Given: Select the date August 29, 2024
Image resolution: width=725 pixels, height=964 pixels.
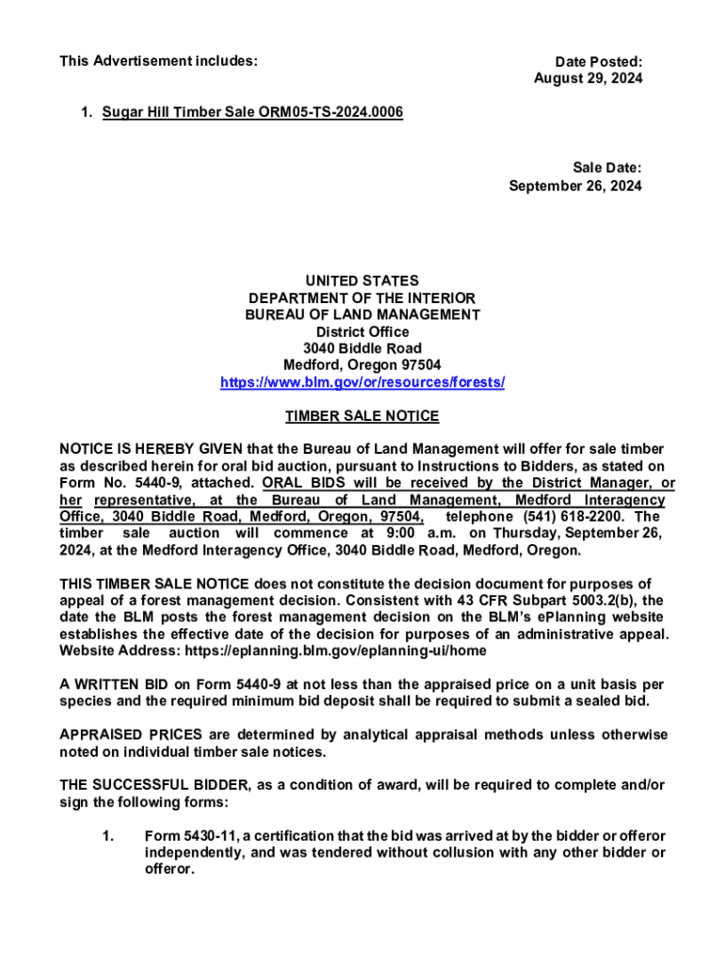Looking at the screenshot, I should [588, 79].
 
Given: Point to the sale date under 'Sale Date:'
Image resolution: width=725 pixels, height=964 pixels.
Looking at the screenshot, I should [575, 185].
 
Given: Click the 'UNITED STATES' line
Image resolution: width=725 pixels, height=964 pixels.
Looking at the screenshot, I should [362, 281].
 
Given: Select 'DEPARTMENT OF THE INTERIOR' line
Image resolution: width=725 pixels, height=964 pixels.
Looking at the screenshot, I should [362, 298].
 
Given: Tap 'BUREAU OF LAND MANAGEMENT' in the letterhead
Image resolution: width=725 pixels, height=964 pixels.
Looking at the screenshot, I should [362, 315].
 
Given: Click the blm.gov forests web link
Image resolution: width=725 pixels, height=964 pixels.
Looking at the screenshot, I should [362, 382].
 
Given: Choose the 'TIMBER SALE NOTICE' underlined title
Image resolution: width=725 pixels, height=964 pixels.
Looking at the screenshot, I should [362, 416].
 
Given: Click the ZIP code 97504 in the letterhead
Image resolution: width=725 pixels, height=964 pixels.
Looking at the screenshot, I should [421, 365].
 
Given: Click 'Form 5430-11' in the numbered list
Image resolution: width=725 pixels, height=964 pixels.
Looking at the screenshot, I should [186, 837].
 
